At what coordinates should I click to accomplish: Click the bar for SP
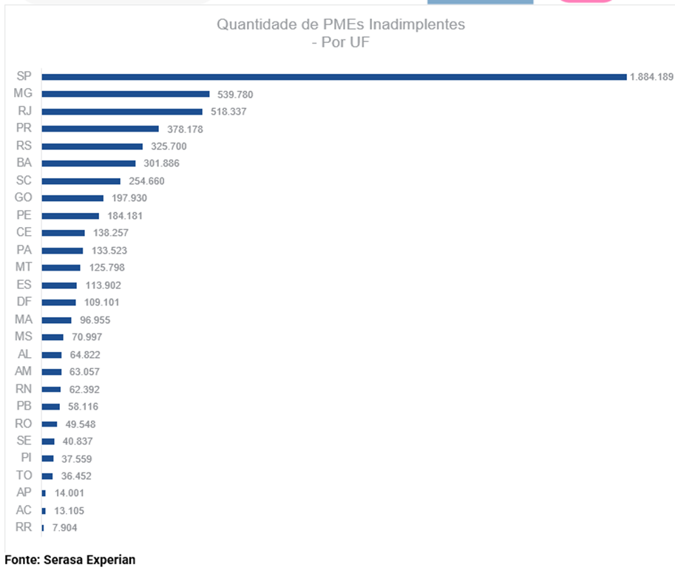334,77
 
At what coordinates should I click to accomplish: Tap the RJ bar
122,112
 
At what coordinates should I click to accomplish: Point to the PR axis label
23,129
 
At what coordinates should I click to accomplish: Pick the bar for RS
92,146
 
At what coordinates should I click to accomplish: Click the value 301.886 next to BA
161,163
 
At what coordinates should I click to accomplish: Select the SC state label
23,180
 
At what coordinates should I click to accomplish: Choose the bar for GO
72,198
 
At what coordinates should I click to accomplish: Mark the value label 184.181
124,216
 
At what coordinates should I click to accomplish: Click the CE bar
64,233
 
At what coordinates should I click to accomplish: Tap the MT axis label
23,267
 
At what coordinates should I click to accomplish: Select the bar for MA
57,320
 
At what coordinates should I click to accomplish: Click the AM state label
23,371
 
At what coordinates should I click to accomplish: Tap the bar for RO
50,424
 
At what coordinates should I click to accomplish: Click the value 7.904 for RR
64,528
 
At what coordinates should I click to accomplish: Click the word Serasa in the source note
64,560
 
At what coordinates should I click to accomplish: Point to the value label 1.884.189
651,77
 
